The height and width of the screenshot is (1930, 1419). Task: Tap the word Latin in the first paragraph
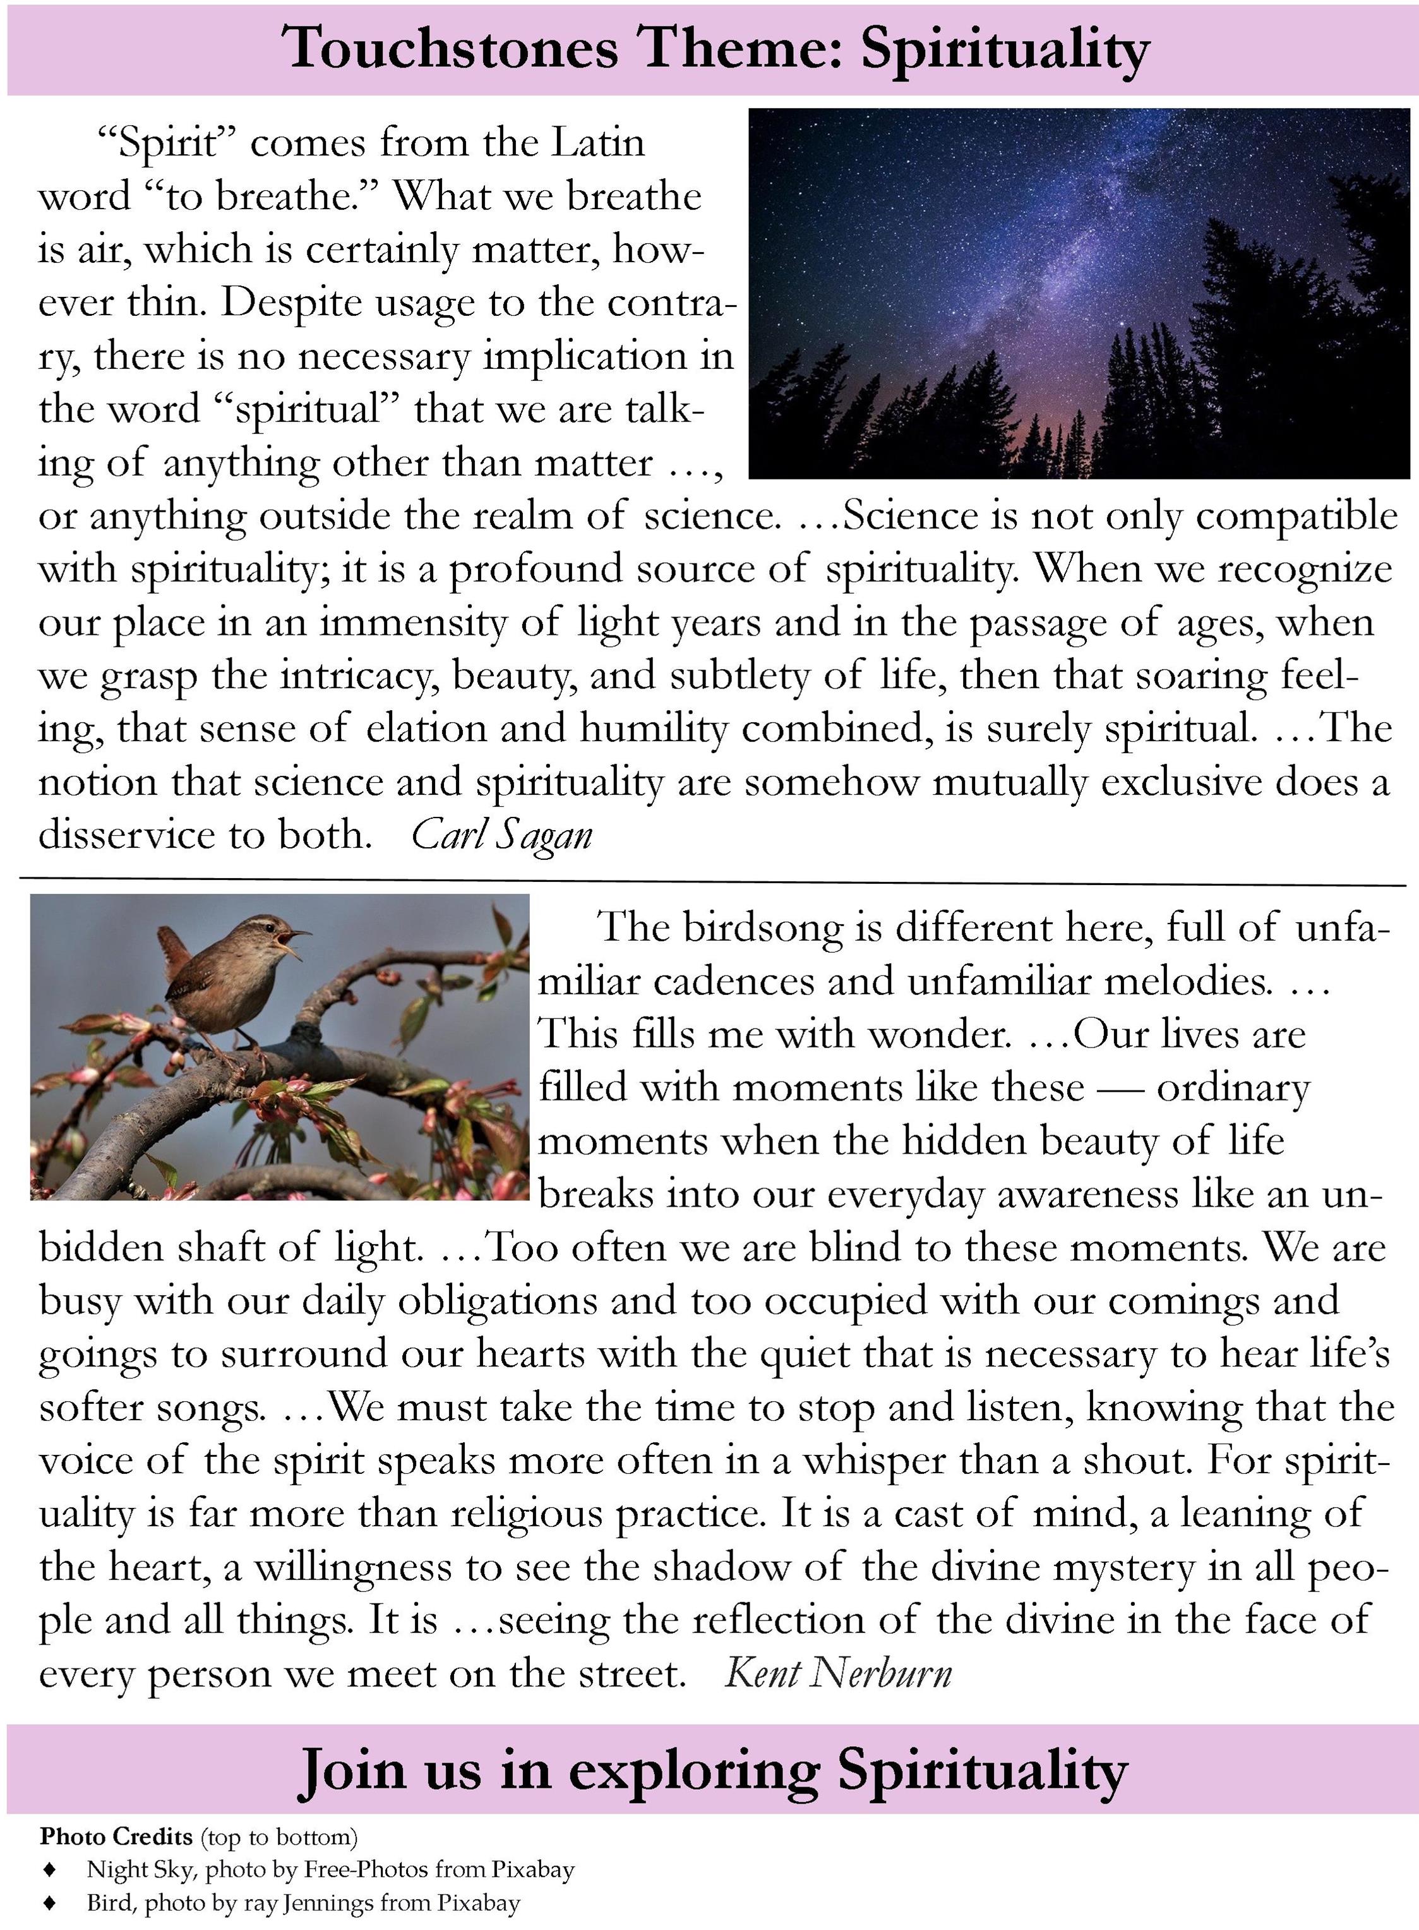(x=597, y=143)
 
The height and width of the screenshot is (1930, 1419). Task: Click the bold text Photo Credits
(x=116, y=1837)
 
